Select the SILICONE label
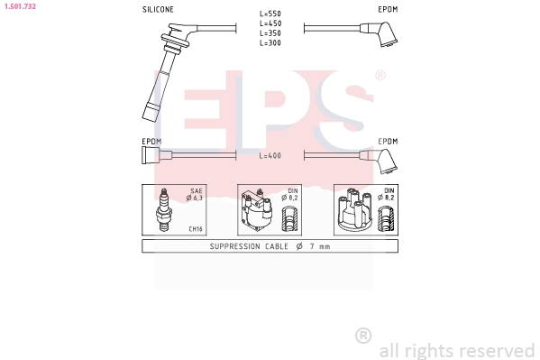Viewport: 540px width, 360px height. tap(159, 9)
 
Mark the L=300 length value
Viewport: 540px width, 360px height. tap(270, 42)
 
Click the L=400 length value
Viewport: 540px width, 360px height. tap(270, 156)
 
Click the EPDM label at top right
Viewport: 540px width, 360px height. tap(387, 9)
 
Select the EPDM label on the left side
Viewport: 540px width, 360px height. tap(151, 142)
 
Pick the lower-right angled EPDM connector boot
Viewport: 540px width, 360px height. tap(388, 162)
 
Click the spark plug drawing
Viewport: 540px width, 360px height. tap(165, 210)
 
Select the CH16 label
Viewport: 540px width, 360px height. tap(195, 229)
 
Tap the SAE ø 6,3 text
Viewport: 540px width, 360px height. tap(195, 195)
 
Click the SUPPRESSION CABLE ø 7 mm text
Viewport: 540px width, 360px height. tap(270, 246)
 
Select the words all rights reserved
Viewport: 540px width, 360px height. tap(456, 349)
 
